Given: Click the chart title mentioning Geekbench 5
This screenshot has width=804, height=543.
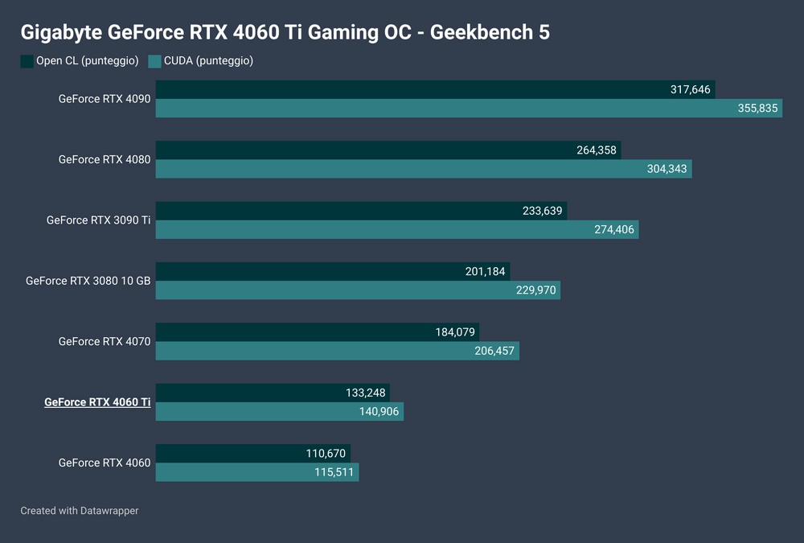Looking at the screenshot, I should coord(285,32).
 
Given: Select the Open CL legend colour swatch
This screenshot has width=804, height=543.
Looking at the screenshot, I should coord(27,61).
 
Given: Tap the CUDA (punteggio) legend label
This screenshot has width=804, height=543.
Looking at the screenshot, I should coord(208,61).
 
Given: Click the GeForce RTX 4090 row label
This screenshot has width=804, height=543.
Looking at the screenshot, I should coord(105,99).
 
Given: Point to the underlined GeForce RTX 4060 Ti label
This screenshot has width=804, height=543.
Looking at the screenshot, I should coord(97,401).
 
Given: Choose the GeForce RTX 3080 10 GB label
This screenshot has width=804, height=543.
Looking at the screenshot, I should coord(88,281).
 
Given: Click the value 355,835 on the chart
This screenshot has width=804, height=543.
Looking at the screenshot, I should coord(757,108).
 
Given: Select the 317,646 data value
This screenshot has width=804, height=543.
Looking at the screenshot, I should coord(691,89).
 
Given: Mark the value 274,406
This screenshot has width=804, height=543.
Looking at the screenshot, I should coord(613,229).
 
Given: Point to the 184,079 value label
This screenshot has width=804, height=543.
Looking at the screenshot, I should coord(453,331).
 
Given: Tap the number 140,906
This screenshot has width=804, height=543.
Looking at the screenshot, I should coord(378,411).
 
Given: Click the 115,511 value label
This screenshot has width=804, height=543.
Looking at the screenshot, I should coord(334,471).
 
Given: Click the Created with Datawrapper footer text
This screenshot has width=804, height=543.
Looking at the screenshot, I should coord(80,510).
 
